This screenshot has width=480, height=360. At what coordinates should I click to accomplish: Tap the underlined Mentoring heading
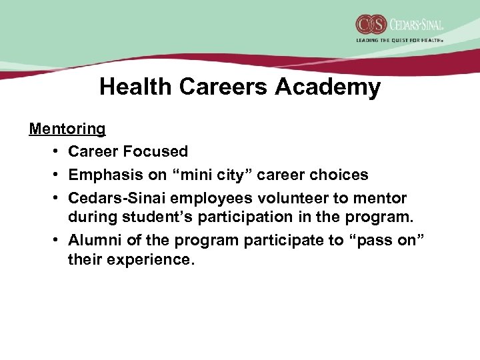coord(67,128)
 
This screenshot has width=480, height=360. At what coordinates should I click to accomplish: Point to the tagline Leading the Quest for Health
coord(399,41)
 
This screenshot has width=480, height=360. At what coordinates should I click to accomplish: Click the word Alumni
coord(92,241)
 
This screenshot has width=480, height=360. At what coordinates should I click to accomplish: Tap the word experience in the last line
coord(154,259)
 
